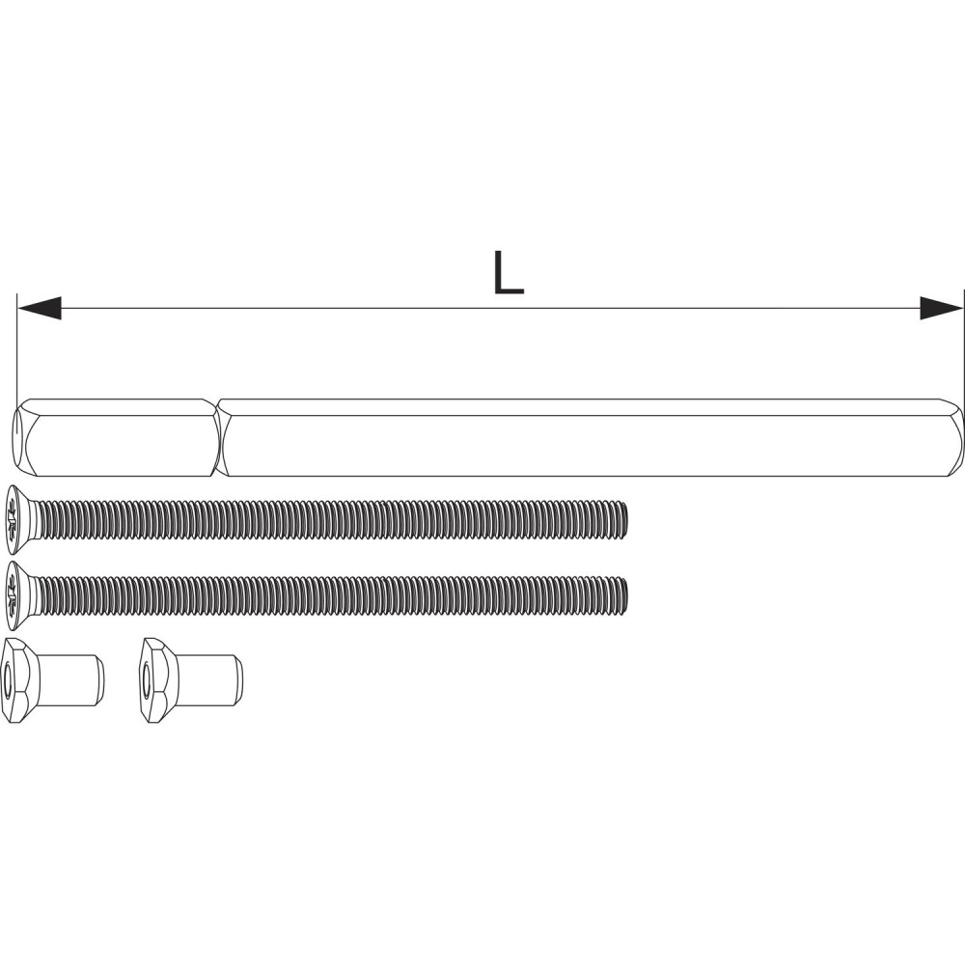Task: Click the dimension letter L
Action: point(509,273)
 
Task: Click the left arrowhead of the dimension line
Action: point(40,308)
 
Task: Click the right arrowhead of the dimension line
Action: point(942,308)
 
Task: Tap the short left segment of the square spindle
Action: point(117,437)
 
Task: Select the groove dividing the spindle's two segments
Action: point(220,437)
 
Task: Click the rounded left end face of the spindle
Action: point(18,437)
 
